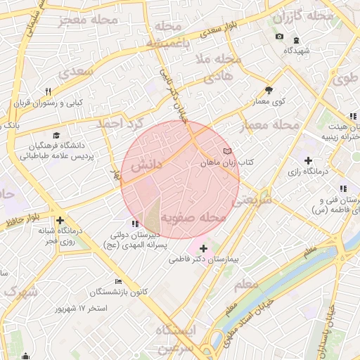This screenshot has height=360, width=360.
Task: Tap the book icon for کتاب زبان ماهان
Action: [226, 151]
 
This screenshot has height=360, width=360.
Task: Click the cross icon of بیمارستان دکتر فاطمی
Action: [204, 248]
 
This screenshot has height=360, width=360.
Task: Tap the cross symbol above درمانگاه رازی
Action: [308, 161]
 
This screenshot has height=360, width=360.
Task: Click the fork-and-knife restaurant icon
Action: [48, 91]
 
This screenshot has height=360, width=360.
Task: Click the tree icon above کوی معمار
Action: [269, 90]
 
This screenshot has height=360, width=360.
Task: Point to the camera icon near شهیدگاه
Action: [280, 37]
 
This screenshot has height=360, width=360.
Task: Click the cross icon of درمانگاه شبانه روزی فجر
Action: [60, 220]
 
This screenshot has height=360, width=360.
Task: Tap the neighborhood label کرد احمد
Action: [120, 125]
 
